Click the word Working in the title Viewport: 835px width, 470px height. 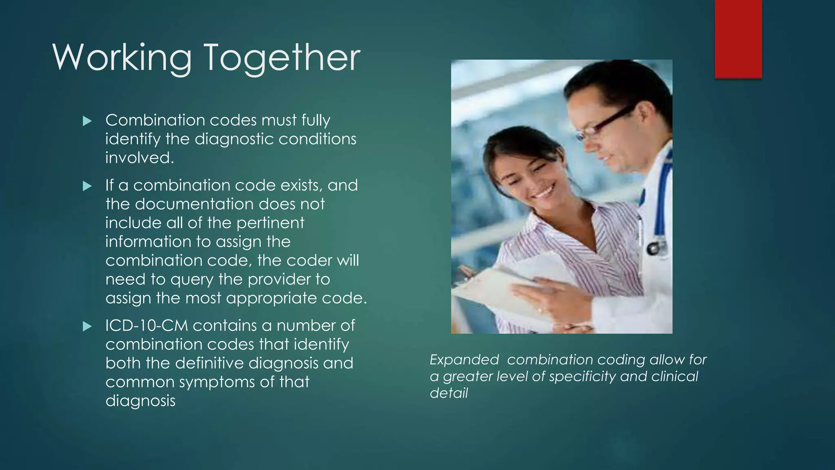[122, 58]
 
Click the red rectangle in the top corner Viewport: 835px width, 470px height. [738, 39]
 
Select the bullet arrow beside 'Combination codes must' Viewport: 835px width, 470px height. [87, 121]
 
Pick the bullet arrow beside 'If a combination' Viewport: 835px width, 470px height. [87, 186]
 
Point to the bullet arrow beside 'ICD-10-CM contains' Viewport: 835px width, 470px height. [87, 326]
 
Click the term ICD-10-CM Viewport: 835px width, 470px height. [146, 326]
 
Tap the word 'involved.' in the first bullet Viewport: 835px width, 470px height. [139, 158]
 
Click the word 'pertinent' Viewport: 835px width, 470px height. [270, 223]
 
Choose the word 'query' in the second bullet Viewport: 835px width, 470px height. [192, 280]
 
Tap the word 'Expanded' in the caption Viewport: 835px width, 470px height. [464, 360]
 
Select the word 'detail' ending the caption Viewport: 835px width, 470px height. [448, 393]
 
